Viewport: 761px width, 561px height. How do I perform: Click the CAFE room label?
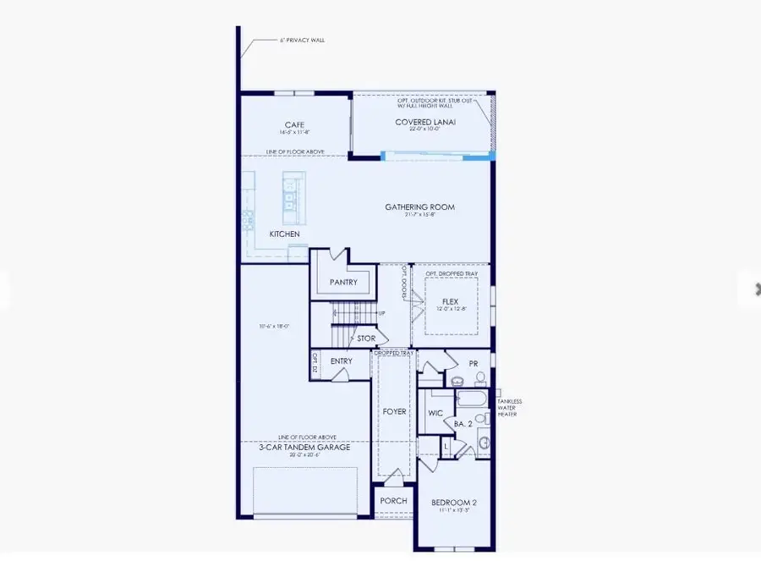coord(294,125)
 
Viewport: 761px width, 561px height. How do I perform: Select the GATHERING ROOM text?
coord(419,206)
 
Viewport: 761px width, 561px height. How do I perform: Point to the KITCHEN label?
coord(284,234)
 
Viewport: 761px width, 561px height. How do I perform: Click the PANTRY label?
coord(343,282)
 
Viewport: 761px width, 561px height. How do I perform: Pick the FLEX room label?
coord(451,300)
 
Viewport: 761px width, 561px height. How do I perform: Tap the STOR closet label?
coord(365,338)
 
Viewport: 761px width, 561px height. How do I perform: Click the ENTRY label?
coord(342,361)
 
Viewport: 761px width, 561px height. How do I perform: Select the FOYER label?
coord(395,412)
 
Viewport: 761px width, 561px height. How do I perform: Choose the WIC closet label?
coord(436,414)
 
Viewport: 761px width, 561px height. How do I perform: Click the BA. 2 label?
coord(464,422)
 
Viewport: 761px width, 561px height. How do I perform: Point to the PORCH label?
coord(393,501)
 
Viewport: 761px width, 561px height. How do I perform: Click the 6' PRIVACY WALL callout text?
coord(302,40)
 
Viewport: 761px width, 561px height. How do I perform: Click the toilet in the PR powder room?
coord(457,380)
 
